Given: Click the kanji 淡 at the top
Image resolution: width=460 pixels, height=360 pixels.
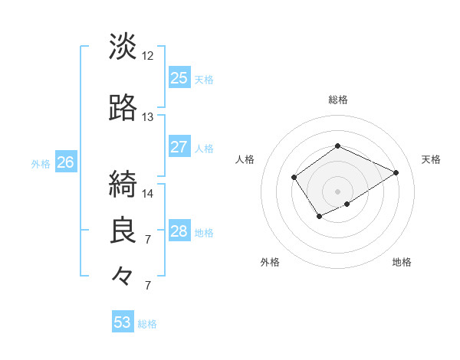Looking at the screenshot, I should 123,47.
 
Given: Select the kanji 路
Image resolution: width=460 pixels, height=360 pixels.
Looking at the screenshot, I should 123,109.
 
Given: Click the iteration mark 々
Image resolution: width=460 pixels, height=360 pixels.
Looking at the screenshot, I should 123,275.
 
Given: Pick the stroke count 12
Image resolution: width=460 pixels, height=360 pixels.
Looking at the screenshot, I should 148,56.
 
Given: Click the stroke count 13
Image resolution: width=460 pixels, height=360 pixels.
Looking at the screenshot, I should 148,117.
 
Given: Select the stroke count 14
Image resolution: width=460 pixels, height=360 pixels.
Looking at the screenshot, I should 148,193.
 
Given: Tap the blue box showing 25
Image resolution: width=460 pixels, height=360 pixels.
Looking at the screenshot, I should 179,77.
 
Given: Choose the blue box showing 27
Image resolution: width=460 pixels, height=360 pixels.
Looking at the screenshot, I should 179,147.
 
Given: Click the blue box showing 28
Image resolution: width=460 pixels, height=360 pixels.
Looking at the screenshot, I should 179,231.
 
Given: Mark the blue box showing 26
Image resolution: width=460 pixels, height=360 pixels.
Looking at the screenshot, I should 66,162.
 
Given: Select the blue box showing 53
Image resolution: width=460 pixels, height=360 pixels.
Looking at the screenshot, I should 123,322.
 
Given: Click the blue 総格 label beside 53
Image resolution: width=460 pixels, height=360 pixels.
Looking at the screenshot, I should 147,323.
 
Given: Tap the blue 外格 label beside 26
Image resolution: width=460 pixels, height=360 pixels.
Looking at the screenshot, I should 41,162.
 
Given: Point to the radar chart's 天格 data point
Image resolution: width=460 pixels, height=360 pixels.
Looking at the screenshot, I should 396,172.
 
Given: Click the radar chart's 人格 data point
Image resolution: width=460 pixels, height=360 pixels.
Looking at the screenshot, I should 294,178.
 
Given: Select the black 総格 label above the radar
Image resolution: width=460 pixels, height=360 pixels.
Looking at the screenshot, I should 337,100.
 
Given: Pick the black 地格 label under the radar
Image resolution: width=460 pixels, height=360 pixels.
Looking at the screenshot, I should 402,262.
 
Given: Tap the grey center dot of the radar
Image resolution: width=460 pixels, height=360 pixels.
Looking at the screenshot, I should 337,191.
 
